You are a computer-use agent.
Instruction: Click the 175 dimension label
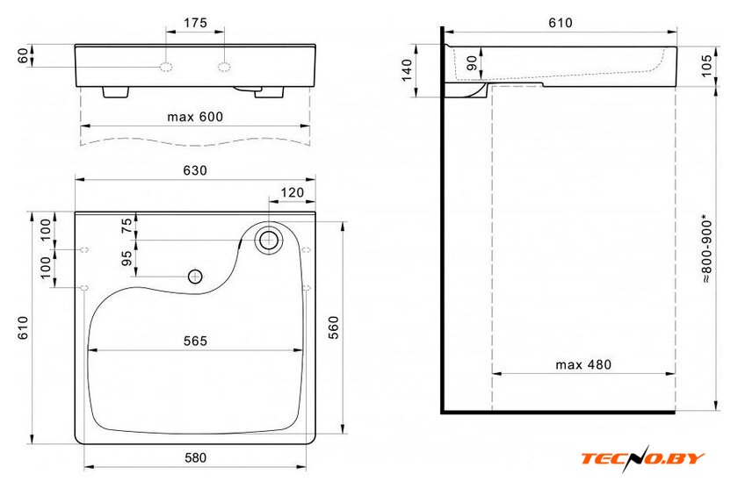coord(195,23)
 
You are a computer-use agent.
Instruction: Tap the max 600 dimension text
coord(195,117)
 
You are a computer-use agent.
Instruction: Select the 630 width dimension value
coord(195,170)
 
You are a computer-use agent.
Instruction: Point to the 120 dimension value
coord(293,192)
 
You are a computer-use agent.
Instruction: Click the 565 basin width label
coord(195,341)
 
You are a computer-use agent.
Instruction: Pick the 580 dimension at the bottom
coord(195,457)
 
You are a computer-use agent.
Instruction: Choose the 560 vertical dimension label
coord(333,327)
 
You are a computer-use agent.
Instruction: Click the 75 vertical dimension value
coord(127,227)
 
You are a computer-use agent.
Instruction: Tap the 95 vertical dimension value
coord(127,258)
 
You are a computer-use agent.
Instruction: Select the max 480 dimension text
coord(583,364)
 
